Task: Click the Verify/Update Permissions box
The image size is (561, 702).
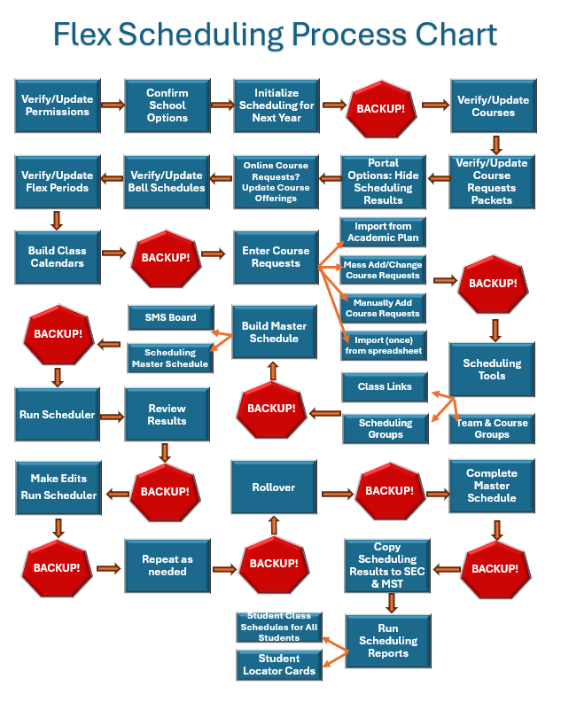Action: point(58,105)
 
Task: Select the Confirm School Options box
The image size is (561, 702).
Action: point(167,105)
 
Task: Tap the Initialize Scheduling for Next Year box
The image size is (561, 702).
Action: point(277,105)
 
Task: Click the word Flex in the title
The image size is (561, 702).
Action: point(82,35)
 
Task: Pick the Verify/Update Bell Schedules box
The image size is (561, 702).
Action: point(167,181)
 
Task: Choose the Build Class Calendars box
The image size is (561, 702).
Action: point(58,257)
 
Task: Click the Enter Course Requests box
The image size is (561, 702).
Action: point(276,257)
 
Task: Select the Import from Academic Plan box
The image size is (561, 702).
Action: point(383,232)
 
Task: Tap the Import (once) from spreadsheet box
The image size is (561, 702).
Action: point(383,346)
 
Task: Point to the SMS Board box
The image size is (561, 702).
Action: point(169,317)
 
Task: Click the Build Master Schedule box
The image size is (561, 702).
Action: point(275,332)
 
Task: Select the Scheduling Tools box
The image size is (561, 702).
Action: point(492,370)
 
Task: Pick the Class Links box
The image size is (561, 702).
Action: point(385,387)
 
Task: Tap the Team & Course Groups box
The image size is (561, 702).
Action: point(492,429)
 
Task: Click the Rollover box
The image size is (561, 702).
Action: point(275,487)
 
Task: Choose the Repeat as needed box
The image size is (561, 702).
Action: point(167,565)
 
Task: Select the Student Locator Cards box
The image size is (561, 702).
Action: point(278,665)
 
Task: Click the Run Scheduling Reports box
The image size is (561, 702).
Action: point(388,641)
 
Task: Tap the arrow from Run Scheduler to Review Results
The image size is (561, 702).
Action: point(111,415)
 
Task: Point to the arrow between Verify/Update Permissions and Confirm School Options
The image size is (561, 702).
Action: point(112,105)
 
